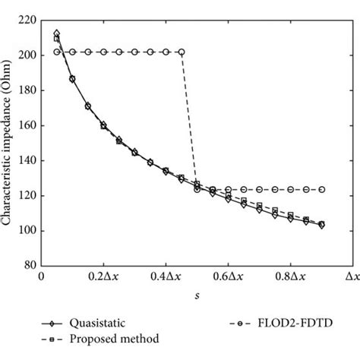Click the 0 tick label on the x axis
(42, 278)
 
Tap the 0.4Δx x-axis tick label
(166, 278)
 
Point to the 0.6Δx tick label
(228, 278)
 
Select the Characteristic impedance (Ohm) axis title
(10, 142)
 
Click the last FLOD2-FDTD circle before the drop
(182, 52)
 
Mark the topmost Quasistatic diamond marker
(57, 33)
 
